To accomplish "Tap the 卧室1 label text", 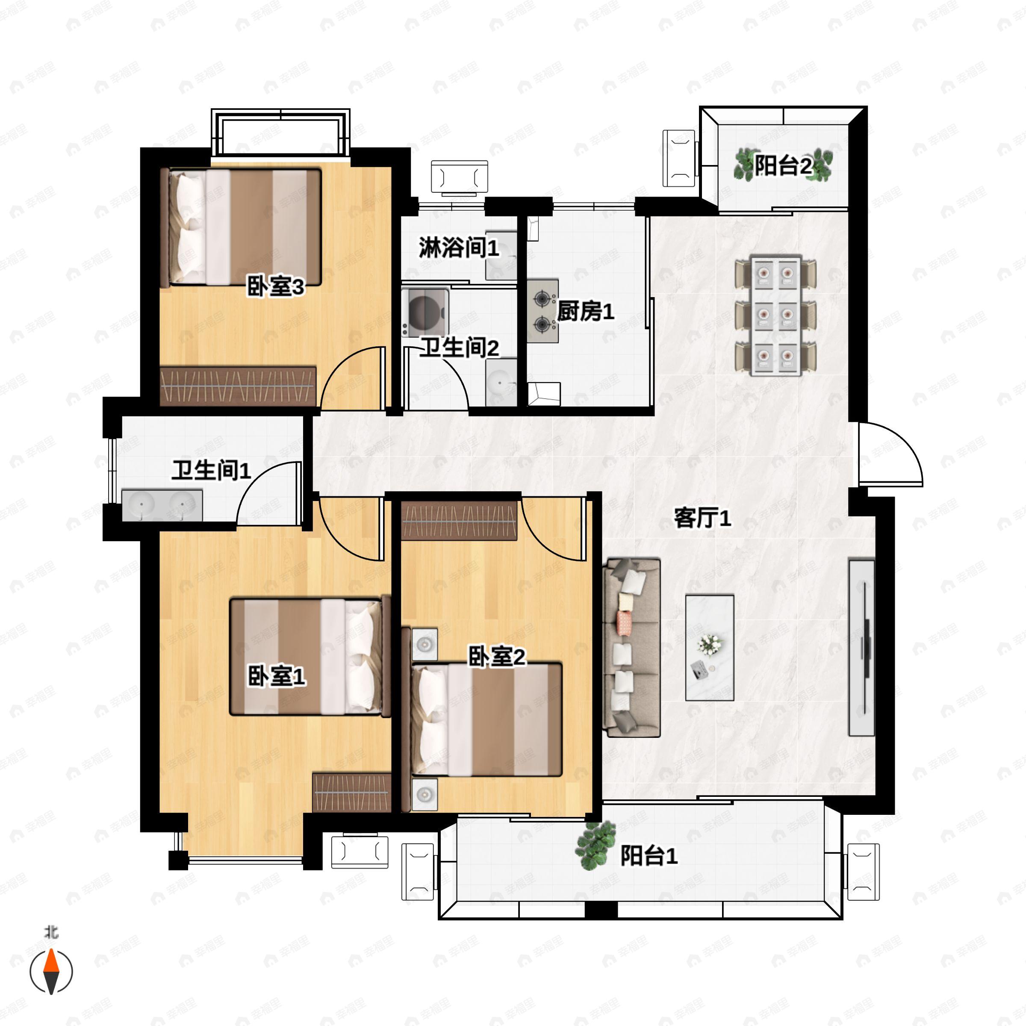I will pos(276,677).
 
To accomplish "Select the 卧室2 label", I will pos(496,657).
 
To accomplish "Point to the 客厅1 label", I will pos(702,518).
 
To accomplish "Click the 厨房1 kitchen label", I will pos(585,311).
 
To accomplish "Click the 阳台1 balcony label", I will pos(649,855).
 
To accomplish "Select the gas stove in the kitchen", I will pos(542,311).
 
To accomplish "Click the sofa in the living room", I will pos(631,647).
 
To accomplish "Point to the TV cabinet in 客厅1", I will pos(861,647).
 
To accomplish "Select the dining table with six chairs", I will pos(775,316).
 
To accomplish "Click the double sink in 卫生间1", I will pos(162,504).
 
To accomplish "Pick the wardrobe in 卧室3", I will pos(238,386).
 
